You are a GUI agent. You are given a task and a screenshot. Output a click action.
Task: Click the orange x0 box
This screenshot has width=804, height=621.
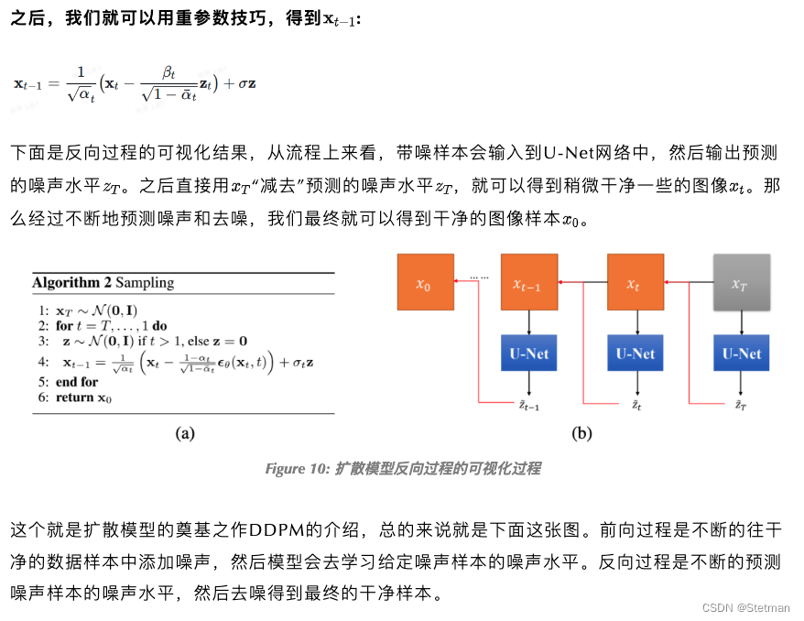tap(423, 283)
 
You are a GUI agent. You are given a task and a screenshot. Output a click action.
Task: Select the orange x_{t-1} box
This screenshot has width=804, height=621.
tap(529, 283)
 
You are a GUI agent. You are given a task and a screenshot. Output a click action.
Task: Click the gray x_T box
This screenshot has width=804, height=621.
tap(741, 283)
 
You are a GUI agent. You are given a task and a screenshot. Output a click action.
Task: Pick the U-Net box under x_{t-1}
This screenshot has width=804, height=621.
tap(529, 353)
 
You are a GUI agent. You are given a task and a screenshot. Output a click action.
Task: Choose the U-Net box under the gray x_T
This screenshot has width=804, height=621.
tap(741, 353)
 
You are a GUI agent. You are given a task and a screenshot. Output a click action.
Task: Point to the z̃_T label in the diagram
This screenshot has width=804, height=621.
tap(741, 404)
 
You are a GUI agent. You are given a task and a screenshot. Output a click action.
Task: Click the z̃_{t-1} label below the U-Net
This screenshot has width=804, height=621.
tap(529, 404)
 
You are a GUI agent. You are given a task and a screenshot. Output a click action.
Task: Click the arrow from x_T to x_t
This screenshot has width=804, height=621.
tap(689, 283)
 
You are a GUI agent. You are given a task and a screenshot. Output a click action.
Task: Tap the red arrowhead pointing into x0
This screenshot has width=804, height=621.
tap(458, 283)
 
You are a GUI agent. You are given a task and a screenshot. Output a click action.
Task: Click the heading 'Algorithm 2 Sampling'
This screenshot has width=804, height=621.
tap(103, 283)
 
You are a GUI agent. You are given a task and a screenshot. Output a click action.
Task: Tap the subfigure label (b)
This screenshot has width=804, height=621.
tap(581, 434)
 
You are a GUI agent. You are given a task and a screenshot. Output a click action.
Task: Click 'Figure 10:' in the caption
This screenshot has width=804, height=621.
tap(296, 469)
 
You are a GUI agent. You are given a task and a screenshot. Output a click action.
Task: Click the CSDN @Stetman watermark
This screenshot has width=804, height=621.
tap(744, 608)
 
